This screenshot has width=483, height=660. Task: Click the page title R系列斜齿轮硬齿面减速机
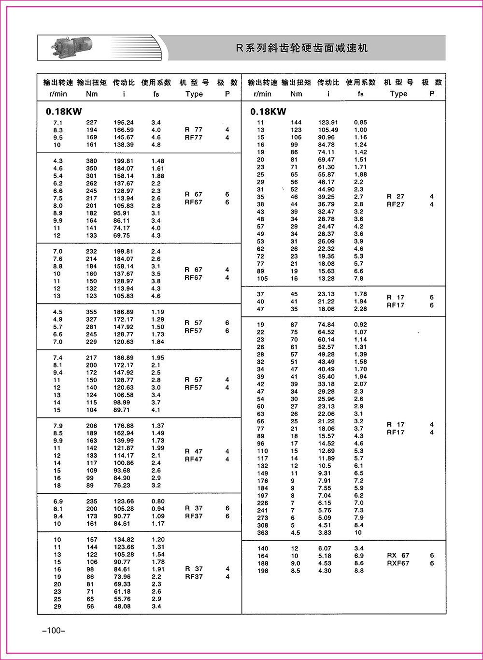pyautogui.click(x=301, y=48)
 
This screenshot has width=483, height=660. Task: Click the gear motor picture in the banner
pyautogui.click(x=70, y=47)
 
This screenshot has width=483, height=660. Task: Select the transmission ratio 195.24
pyautogui.click(x=124, y=123)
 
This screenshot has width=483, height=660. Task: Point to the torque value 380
pyautogui.click(x=91, y=161)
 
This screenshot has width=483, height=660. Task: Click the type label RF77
pyautogui.click(x=194, y=138)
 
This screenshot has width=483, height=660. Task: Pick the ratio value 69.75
pyautogui.click(x=124, y=235)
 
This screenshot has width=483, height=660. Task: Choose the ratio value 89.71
pyautogui.click(x=124, y=410)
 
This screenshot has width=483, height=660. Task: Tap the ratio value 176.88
pyautogui.click(x=124, y=426)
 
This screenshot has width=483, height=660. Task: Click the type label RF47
pyautogui.click(x=194, y=459)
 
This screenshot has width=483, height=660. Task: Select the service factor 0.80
pyautogui.click(x=158, y=502)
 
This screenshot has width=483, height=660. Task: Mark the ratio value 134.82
pyautogui.click(x=124, y=540)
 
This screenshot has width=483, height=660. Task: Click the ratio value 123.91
pyautogui.click(x=328, y=123)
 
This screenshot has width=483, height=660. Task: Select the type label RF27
pyautogui.click(x=396, y=204)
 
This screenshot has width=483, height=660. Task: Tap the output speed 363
pyautogui.click(x=262, y=532)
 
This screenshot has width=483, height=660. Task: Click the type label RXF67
pyautogui.click(x=398, y=563)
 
